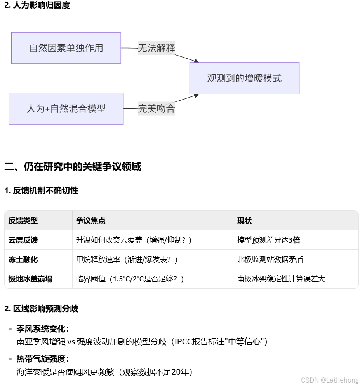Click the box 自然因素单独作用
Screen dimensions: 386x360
[x=66, y=48]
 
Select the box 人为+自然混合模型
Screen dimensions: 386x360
[x=66, y=108]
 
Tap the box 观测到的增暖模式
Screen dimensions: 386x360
[x=244, y=78]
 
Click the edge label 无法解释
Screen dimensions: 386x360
[x=157, y=48]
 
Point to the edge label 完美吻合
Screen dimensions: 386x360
[x=157, y=108]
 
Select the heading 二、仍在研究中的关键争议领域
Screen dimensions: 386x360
[x=73, y=167]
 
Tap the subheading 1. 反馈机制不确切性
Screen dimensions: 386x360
[x=41, y=190]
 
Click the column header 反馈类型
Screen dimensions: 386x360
[x=23, y=220]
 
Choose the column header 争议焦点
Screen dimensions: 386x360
[x=91, y=220]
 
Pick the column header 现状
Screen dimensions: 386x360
[x=245, y=220]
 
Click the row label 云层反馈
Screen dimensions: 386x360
[x=23, y=240]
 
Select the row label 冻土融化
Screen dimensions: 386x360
[x=23, y=259]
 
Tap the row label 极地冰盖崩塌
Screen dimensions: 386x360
[x=30, y=279]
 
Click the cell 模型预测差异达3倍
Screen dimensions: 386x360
[x=269, y=240]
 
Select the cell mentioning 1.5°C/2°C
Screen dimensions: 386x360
[x=130, y=279]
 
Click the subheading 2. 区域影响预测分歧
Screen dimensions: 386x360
[x=41, y=309]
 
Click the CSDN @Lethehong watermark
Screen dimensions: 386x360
[x=330, y=380]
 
